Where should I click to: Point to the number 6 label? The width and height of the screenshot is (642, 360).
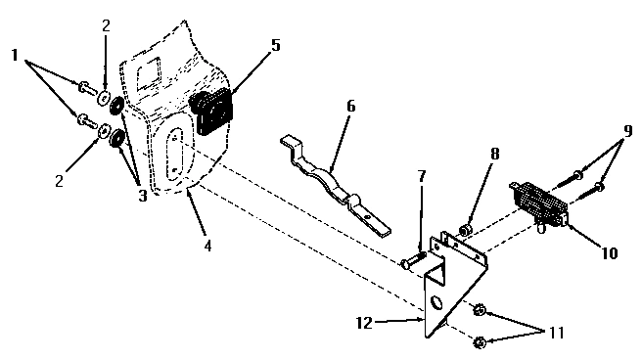tap(350, 106)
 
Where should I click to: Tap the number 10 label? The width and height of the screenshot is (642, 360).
tap(610, 252)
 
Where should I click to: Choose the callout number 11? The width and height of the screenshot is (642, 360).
tap(555, 333)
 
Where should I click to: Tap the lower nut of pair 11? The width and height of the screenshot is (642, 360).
tap(480, 341)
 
